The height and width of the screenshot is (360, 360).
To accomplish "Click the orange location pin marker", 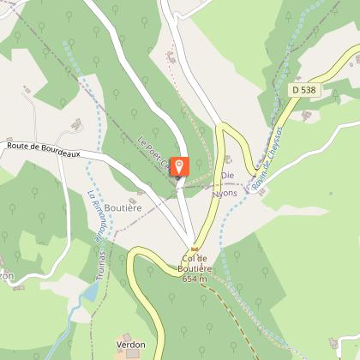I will click(180, 166).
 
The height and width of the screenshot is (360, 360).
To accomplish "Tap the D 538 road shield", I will click(304, 88).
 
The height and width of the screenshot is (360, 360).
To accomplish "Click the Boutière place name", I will click(124, 207).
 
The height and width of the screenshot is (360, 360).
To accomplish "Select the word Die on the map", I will click(228, 175).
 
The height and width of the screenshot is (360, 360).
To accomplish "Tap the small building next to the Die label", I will click(228, 159).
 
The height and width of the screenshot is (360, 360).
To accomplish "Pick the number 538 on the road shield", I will click(309, 88).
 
